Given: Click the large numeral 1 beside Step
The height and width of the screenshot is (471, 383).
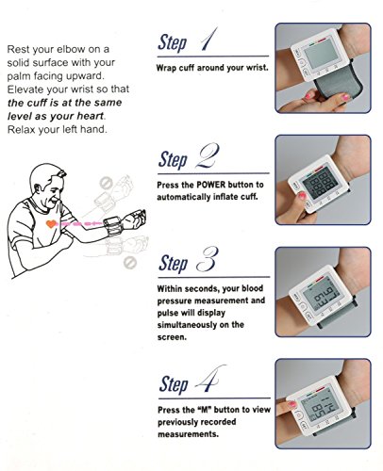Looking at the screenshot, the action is click(x=208, y=40).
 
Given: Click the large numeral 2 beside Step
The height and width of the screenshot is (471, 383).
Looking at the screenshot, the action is click(x=207, y=155).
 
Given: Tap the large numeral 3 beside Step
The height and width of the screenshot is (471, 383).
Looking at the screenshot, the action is click(x=207, y=259).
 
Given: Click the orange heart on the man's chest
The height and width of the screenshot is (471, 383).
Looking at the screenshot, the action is click(x=51, y=224).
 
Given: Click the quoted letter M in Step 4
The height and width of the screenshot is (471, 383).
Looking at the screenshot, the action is click(x=204, y=410).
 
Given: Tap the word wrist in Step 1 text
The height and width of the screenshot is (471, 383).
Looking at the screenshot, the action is click(x=257, y=68).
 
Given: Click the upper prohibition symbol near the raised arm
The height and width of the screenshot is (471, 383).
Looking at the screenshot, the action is click(x=106, y=183).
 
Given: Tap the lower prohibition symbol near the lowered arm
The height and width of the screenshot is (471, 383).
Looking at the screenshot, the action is click(x=129, y=263).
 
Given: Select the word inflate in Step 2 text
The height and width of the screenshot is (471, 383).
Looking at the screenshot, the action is click(x=225, y=197).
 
